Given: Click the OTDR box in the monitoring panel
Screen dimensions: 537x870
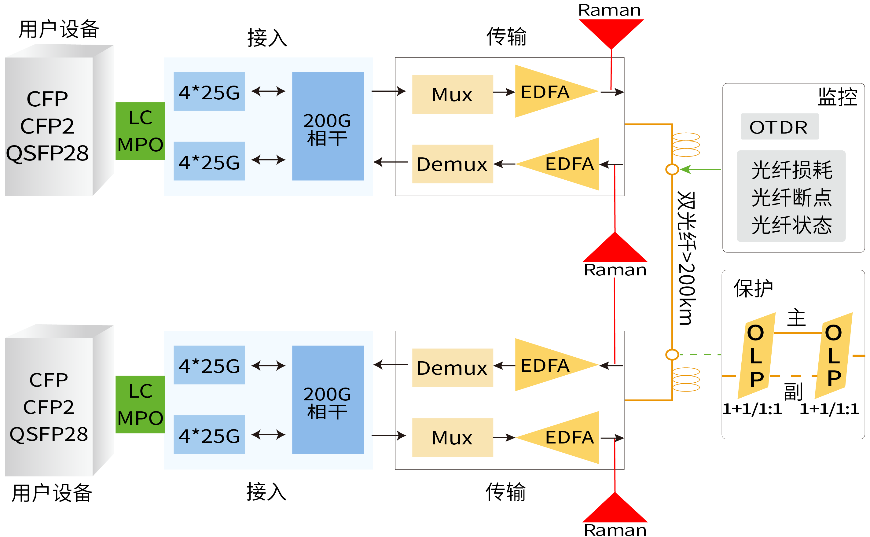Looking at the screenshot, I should pos(779,127).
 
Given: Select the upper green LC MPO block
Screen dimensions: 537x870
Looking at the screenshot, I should pos(140,131).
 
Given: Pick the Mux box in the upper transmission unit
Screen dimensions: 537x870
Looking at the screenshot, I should pos(452,94).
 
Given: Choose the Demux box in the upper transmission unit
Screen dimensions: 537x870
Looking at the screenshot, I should pos(452,164).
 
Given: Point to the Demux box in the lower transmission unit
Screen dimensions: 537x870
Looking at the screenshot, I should pos(452,368).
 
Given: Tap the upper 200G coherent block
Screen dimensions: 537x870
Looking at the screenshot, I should pos(328,126).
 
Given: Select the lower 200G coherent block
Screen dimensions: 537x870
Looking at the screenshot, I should pos(328,399).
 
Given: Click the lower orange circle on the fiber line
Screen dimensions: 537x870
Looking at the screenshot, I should pos(672,355).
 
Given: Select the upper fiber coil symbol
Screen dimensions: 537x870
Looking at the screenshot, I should pos(686,145).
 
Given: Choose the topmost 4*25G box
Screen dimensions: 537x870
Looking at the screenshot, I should pos(209,92).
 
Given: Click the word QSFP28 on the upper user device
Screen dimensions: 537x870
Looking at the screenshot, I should pos(48,153).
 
